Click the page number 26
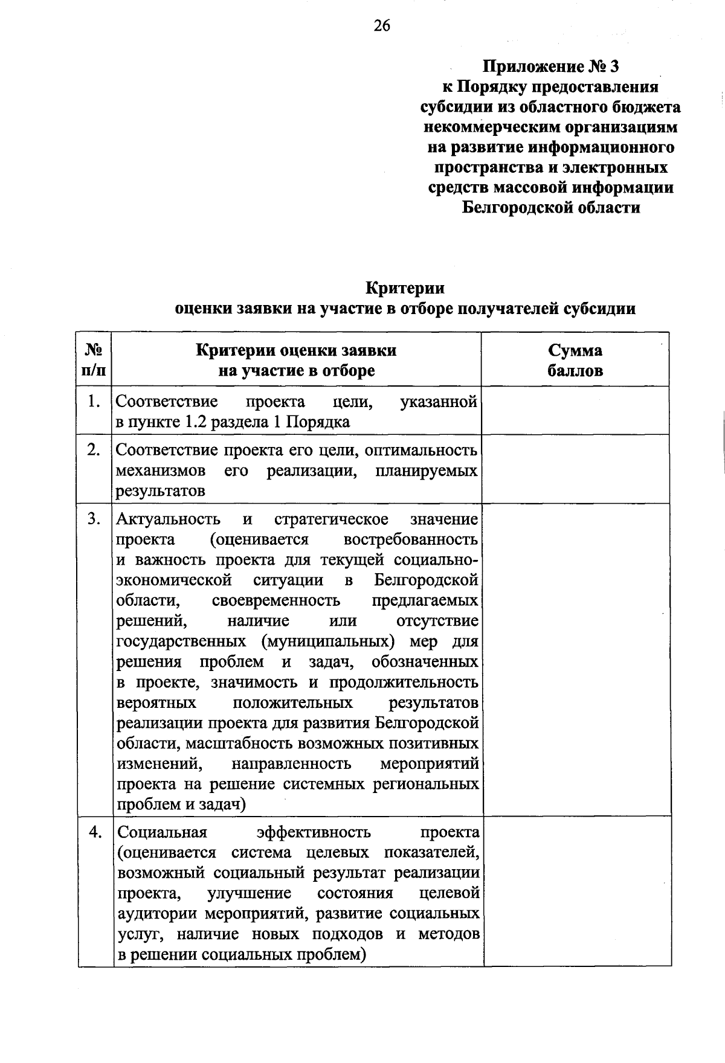click(x=382, y=25)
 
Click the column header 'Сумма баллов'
click(x=575, y=360)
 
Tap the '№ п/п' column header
click(x=94, y=360)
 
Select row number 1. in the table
click(x=94, y=402)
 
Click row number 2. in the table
click(x=94, y=450)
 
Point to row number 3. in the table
click(x=94, y=519)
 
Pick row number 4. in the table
click(x=94, y=832)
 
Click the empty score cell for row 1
click(x=575, y=411)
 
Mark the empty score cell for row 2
click(x=575, y=469)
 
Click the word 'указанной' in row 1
click(x=439, y=402)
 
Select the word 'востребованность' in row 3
click(x=411, y=539)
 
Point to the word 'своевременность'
click(x=276, y=601)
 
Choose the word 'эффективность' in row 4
click(x=314, y=833)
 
